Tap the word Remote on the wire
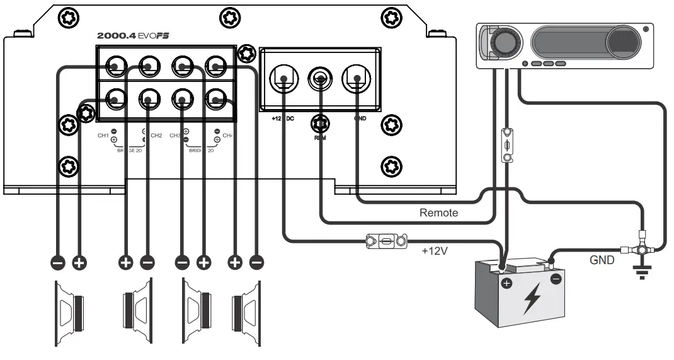[438, 213]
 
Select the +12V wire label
[435, 250]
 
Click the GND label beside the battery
[602, 260]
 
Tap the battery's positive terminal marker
[506, 284]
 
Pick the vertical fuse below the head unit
[506, 146]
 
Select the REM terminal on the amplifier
[320, 79]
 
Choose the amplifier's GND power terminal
[356, 79]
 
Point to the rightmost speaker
[246, 311]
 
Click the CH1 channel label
[103, 136]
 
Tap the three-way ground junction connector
[642, 249]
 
